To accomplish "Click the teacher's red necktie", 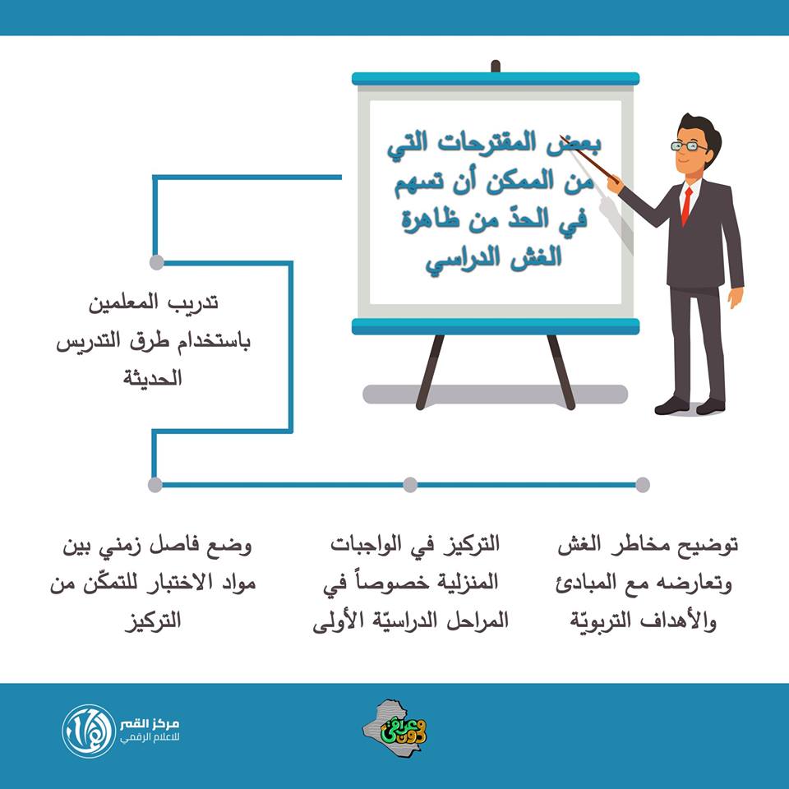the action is pyautogui.click(x=686, y=205).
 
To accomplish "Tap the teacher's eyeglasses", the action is pyautogui.click(x=689, y=146).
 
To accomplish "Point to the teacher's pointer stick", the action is pyautogui.click(x=589, y=159).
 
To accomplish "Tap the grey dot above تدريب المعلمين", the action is pyautogui.click(x=156, y=262).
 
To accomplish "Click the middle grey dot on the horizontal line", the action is pyautogui.click(x=410, y=485).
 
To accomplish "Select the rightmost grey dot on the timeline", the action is pyautogui.click(x=643, y=485).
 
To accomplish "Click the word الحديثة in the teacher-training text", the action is pyautogui.click(x=153, y=378).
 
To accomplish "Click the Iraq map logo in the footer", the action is pyautogui.click(x=395, y=729).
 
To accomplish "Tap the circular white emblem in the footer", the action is pyautogui.click(x=89, y=731).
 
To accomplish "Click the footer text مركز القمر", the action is pyautogui.click(x=150, y=725).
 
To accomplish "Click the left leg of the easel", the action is pyautogui.click(x=430, y=371).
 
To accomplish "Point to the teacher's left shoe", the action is pyautogui.click(x=671, y=406).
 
